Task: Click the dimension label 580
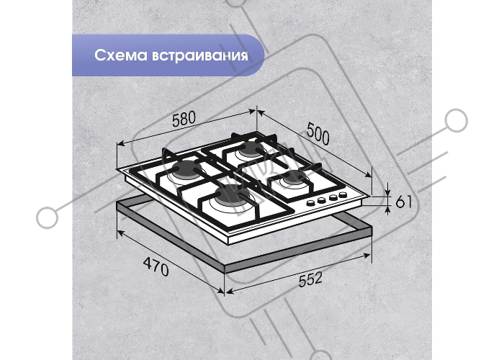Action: (184, 119)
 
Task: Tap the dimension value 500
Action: (318, 133)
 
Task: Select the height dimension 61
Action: (403, 202)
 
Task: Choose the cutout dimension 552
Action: (310, 279)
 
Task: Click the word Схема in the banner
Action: (120, 55)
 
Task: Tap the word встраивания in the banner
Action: (199, 55)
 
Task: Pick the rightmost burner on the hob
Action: (293, 179)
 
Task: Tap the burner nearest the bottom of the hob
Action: (233, 195)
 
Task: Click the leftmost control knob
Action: (311, 203)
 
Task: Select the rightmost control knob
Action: (343, 195)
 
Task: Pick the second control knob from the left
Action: (322, 200)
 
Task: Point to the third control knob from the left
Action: (333, 197)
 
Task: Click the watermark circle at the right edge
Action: (456, 120)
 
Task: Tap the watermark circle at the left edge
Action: (48, 218)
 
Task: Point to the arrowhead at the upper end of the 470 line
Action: (120, 233)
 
